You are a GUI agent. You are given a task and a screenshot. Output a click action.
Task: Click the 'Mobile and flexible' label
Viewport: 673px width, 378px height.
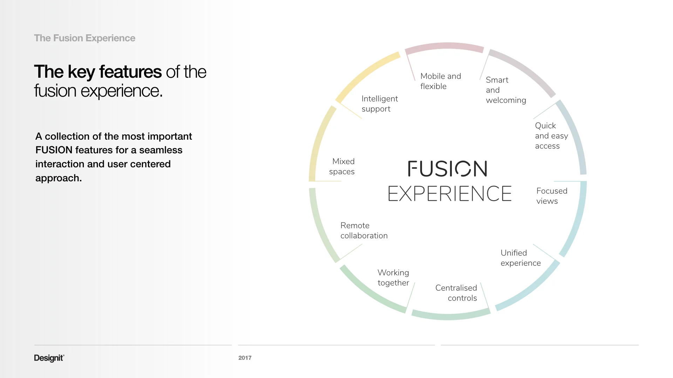(440, 81)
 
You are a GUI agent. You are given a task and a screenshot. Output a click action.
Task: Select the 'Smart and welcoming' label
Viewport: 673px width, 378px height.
(505, 90)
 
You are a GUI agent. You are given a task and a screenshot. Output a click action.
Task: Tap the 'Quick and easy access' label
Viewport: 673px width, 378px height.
(551, 136)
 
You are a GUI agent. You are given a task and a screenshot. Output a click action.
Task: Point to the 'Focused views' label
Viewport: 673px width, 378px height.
(551, 196)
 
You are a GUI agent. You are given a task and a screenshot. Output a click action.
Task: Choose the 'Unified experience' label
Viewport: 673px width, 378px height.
(521, 258)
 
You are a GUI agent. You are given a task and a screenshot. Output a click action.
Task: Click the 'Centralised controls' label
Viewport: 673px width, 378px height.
(456, 293)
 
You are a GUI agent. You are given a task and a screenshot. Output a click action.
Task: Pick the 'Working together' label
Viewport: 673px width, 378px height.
(393, 278)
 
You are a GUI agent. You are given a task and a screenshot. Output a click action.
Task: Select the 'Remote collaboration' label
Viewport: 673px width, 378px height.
(364, 231)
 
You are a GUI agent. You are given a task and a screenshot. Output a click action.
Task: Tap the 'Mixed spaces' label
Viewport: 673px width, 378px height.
(342, 167)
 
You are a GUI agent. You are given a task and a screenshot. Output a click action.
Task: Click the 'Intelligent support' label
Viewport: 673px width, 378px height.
(379, 104)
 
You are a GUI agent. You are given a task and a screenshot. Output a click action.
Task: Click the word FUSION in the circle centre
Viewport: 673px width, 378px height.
(448, 169)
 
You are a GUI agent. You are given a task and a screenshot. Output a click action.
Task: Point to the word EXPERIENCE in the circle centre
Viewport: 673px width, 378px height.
(450, 194)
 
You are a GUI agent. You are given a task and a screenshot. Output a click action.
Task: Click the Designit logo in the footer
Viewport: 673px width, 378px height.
(49, 358)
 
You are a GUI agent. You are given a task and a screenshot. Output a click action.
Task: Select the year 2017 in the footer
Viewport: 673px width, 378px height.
(245, 358)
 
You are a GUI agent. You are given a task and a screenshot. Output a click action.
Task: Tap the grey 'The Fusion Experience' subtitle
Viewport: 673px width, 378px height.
(84, 38)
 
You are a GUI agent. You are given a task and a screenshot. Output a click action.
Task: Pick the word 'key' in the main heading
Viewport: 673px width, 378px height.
(81, 72)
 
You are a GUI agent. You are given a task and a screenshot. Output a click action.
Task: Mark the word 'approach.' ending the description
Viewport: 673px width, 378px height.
(59, 178)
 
